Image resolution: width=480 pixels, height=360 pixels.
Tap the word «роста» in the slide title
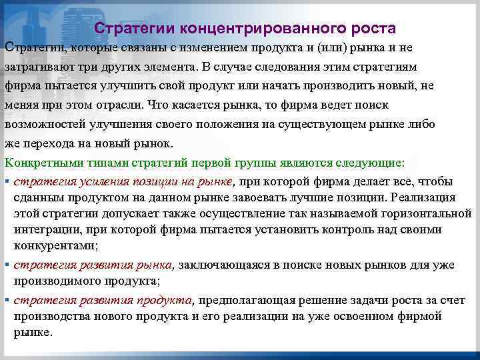(x=371, y=29)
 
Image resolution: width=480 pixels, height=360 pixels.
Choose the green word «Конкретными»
(x=41, y=163)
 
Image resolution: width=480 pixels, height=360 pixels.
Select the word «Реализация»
(x=424, y=198)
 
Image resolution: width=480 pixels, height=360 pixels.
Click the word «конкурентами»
(x=54, y=246)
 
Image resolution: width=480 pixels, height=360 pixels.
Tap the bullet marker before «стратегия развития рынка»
(x=6, y=265)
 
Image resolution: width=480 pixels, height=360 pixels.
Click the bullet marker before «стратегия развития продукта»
(x=6, y=301)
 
